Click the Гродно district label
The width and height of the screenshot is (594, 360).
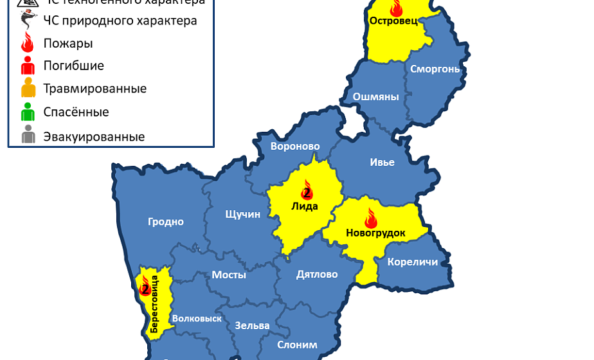pyautogui.click(x=166, y=222)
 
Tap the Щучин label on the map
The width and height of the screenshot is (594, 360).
pyautogui.click(x=243, y=214)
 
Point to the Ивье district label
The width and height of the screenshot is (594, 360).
pyautogui.click(x=382, y=162)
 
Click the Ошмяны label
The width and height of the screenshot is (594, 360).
pyautogui.click(x=376, y=97)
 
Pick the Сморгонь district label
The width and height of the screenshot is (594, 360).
pyautogui.click(x=435, y=69)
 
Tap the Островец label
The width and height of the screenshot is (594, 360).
pyautogui.click(x=393, y=21)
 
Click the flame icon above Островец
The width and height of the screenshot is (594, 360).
pyautogui.click(x=396, y=8)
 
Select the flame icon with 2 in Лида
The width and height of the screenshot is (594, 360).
pyautogui.click(x=307, y=190)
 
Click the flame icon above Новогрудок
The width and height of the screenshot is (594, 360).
pyautogui.click(x=371, y=218)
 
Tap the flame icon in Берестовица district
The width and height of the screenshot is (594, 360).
pyautogui.click(x=145, y=286)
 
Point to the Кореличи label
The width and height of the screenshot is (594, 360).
pyautogui.click(x=413, y=262)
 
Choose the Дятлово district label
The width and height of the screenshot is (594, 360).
pyautogui.click(x=317, y=274)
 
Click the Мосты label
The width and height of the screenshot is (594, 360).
pyautogui.click(x=229, y=274)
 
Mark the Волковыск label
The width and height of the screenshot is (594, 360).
pyautogui.click(x=197, y=318)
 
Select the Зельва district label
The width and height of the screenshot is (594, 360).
pyautogui.click(x=252, y=325)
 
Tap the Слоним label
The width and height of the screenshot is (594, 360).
pyautogui.click(x=297, y=345)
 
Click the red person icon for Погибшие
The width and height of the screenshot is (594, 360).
pyautogui.click(x=28, y=66)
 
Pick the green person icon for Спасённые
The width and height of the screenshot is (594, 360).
pyautogui.click(x=28, y=113)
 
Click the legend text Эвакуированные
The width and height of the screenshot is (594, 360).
pyautogui.click(x=94, y=137)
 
